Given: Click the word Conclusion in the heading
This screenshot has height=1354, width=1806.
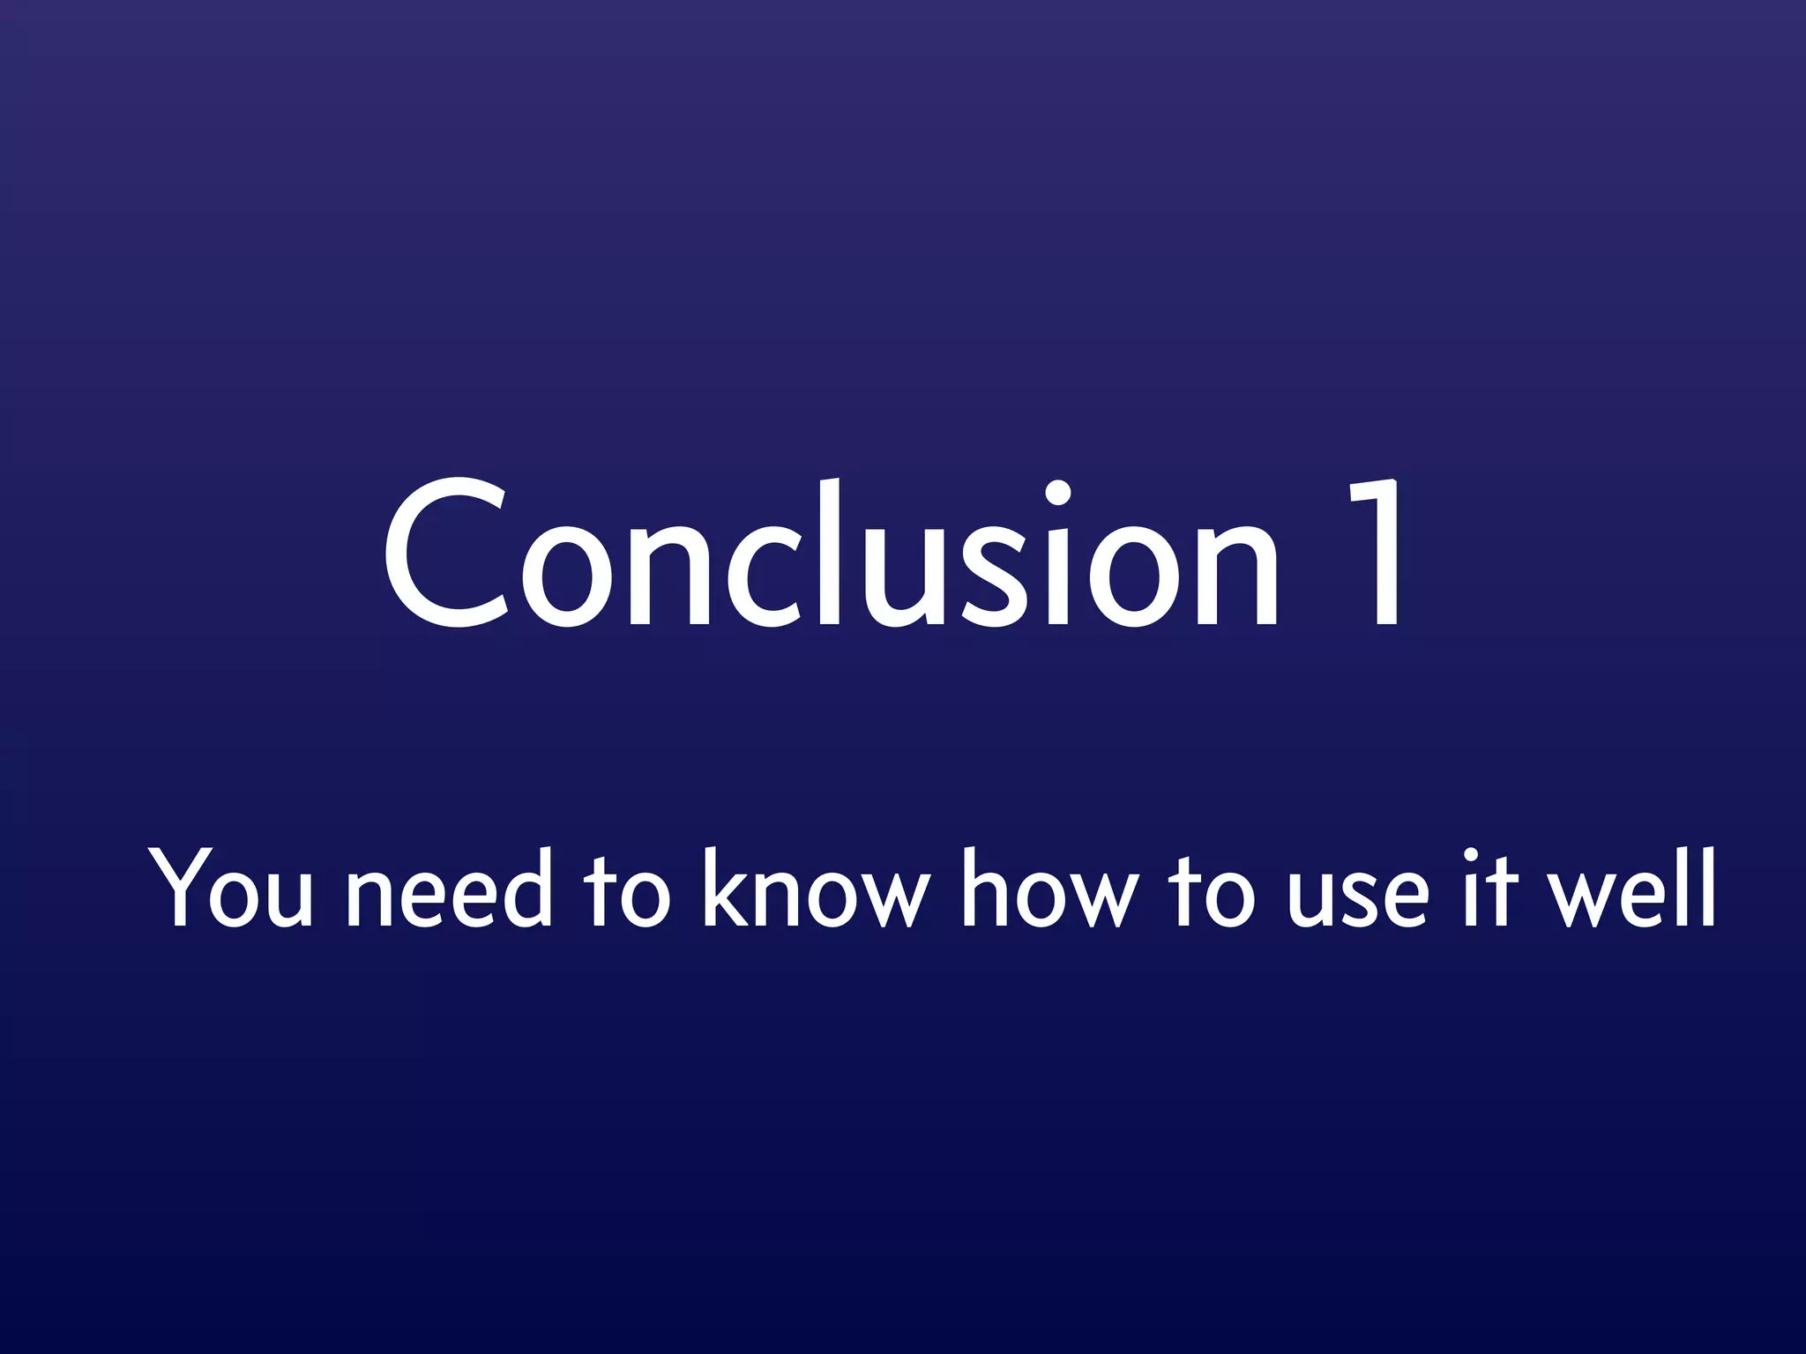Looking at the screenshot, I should pyautogui.click(x=829, y=555).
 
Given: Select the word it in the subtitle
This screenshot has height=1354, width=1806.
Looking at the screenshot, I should pyautogui.click(x=1481, y=888).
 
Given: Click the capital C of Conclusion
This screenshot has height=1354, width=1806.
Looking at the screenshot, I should pyautogui.click(x=445, y=555).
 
